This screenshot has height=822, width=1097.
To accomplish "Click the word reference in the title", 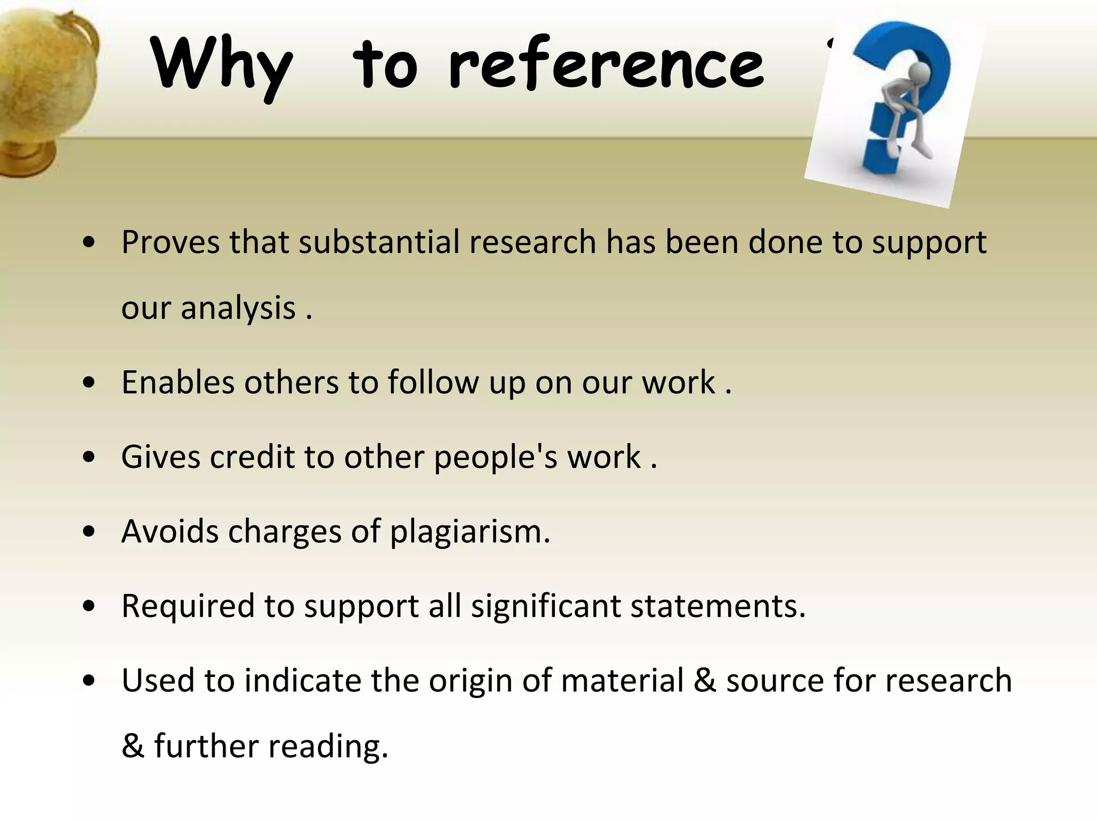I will (x=606, y=64).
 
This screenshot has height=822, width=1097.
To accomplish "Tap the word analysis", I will (x=238, y=308).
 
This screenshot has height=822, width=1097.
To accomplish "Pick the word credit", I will (x=252, y=457).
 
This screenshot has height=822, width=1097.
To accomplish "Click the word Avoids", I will (x=170, y=531).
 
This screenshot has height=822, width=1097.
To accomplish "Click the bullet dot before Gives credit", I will (x=89, y=458).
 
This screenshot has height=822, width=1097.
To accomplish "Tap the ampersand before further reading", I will (x=132, y=746).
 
